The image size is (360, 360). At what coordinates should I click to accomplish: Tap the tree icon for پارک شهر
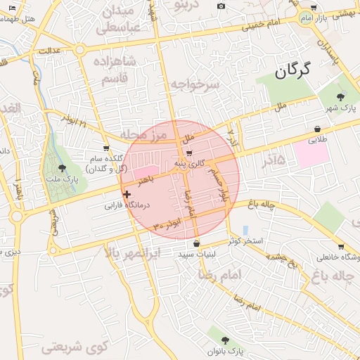coord(341,97)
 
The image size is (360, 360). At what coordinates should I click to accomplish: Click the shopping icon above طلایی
coord(319,129)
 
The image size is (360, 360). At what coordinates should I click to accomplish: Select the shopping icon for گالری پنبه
coord(189,153)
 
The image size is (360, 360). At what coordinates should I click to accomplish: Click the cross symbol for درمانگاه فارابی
coord(127,194)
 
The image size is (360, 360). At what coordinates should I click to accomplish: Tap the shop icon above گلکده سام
coord(106,148)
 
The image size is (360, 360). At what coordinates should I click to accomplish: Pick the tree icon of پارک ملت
coord(64,167)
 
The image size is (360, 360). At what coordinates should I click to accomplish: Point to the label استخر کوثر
coord(245,241)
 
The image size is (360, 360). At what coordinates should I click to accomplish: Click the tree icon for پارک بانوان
coord(225,340)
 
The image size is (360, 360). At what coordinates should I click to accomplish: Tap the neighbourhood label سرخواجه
coord(195,84)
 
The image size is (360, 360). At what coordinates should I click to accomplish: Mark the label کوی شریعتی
coord(72,346)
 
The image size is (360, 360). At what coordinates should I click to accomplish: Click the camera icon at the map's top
coord(221,6)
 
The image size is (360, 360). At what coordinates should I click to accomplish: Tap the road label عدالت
coord(50,51)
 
